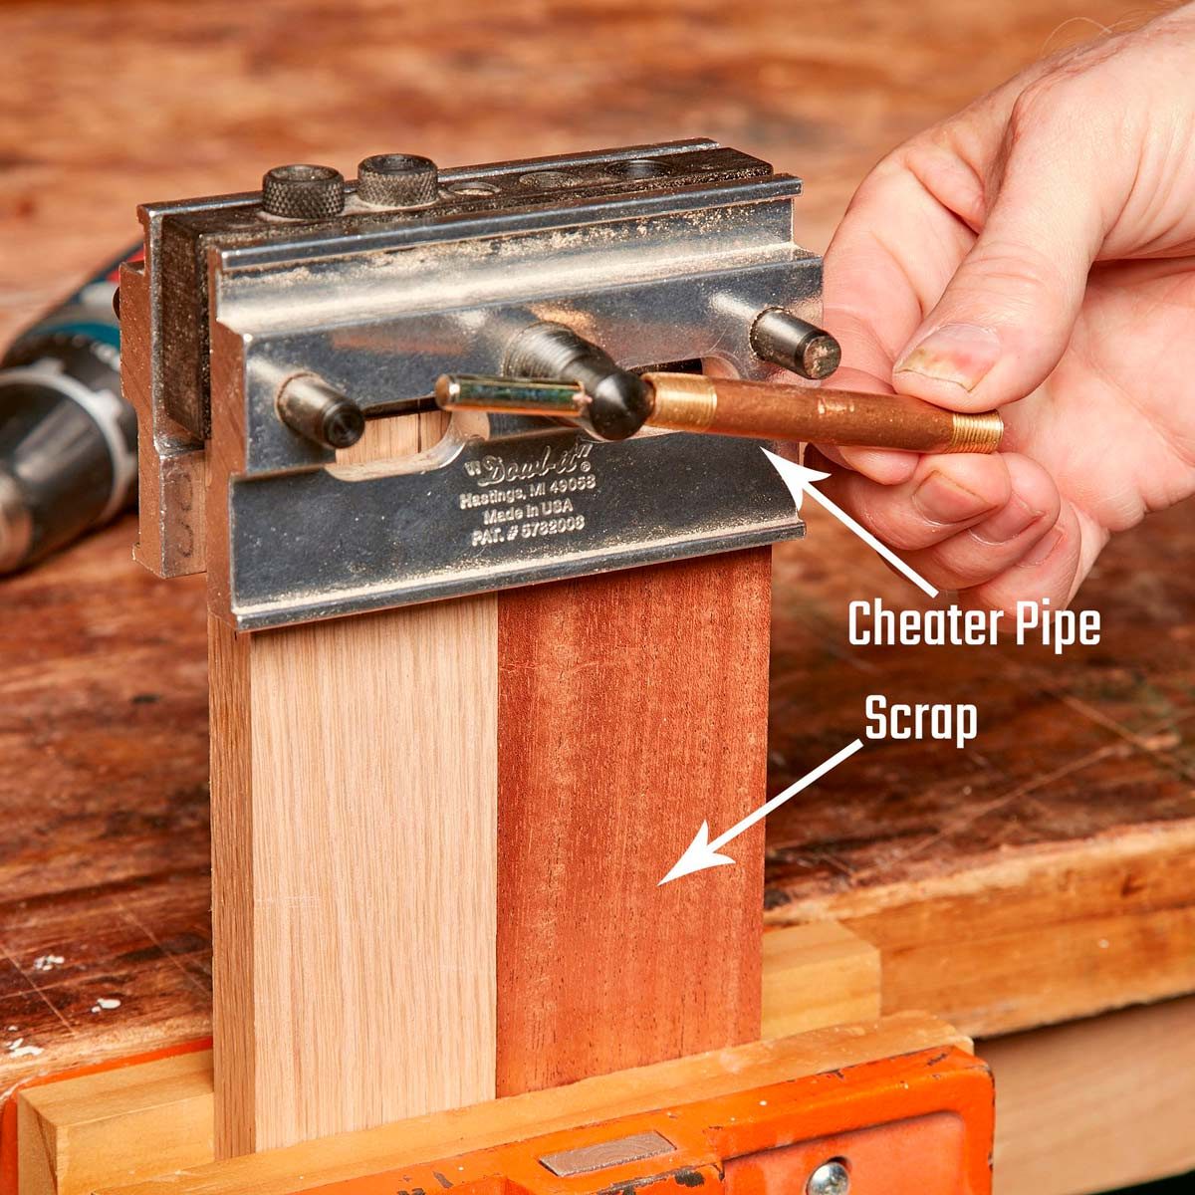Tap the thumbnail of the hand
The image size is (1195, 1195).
pyautogui.click(x=945, y=356)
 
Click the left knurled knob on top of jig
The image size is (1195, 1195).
pyautogui.click(x=303, y=191)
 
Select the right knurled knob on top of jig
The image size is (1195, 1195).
pyautogui.click(x=397, y=180)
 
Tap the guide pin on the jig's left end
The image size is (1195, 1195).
pyautogui.click(x=320, y=410)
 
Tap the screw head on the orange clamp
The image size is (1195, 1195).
pyautogui.click(x=829, y=1178)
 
